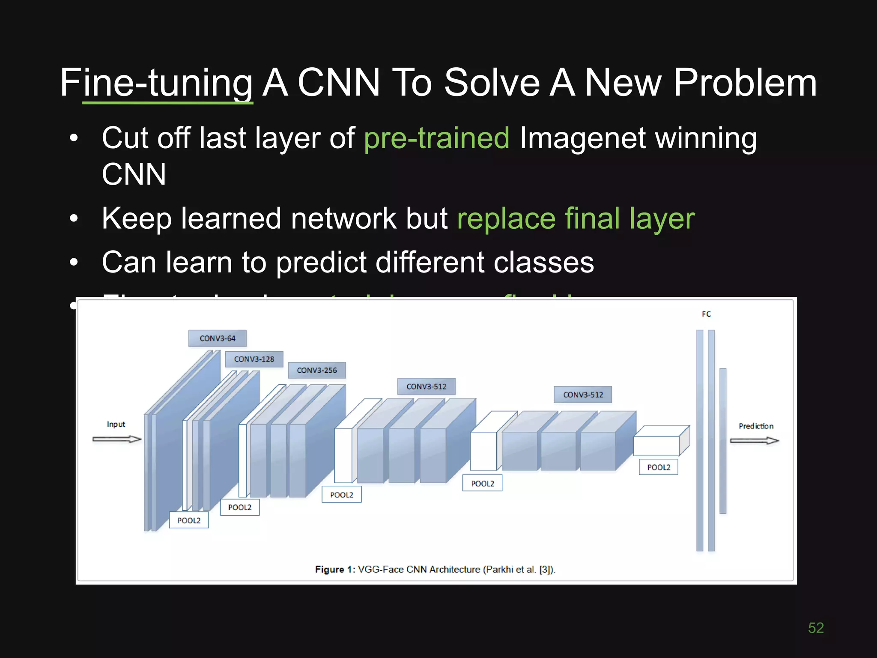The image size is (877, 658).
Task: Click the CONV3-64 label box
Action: pos(217,338)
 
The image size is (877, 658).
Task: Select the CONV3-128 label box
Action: pos(254,359)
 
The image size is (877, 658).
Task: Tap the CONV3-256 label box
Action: pos(316,370)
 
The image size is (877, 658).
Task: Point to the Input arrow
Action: pos(117,439)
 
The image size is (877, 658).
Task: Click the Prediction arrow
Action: pos(754,441)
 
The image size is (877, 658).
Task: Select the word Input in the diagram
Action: pos(116,424)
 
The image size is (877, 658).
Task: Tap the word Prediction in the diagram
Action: pos(756,426)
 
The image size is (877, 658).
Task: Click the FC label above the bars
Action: pos(706,314)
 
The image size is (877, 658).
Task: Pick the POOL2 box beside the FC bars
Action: pos(659,467)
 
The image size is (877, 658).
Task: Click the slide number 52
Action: pos(816,628)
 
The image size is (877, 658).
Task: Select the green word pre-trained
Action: pos(436,138)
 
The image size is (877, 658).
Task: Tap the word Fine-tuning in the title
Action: pos(157,83)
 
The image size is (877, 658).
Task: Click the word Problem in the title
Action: pos(745,83)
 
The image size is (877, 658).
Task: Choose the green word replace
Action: pos(506,219)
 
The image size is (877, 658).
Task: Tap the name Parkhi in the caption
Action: pos(499,569)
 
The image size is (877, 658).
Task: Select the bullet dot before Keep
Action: pos(74,218)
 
